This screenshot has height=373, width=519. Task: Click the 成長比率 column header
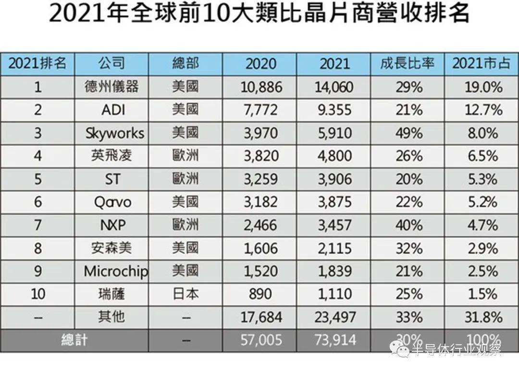point(408,63)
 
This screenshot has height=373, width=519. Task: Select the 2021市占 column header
point(481,63)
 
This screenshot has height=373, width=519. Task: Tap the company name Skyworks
point(114,133)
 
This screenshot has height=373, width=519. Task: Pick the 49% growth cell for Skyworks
point(409,133)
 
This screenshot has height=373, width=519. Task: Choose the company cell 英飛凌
point(111,156)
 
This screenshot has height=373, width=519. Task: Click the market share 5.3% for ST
point(483,179)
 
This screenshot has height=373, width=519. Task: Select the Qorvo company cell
point(112,202)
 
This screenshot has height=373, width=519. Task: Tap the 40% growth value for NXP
point(409,225)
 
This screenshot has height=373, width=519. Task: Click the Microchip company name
point(116,271)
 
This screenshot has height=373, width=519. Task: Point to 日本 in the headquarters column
point(185,294)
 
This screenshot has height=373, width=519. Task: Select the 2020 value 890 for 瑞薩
point(260,294)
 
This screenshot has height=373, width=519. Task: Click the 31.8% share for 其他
point(482,317)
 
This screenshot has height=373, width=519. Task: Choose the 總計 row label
point(74,340)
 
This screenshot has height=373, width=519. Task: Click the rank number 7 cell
point(38,225)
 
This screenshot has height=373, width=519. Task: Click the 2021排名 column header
point(37,63)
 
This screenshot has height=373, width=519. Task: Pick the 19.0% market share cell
point(482,87)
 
